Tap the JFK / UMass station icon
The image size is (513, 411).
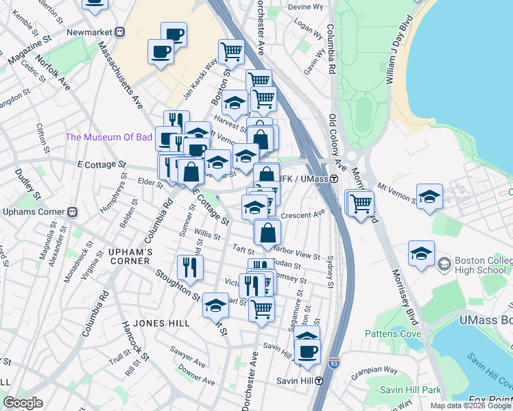[334, 179]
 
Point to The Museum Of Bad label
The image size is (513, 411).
[108, 137]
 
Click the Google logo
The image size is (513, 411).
[23, 402]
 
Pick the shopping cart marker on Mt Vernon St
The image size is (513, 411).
[361, 202]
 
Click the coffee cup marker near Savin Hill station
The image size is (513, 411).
[307, 352]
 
